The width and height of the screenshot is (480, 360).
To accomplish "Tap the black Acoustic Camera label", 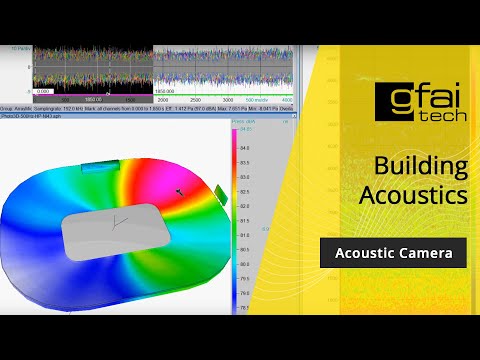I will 393,254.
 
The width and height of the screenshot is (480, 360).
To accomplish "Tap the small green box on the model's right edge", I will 218,191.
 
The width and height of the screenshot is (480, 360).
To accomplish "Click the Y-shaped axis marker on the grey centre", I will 121,221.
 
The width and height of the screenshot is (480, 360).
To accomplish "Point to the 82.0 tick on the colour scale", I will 243,205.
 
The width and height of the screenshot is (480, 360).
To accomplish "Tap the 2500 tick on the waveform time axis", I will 195,100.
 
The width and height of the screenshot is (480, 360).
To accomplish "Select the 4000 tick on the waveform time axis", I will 287,100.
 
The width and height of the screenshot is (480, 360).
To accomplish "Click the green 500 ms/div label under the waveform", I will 257,100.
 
